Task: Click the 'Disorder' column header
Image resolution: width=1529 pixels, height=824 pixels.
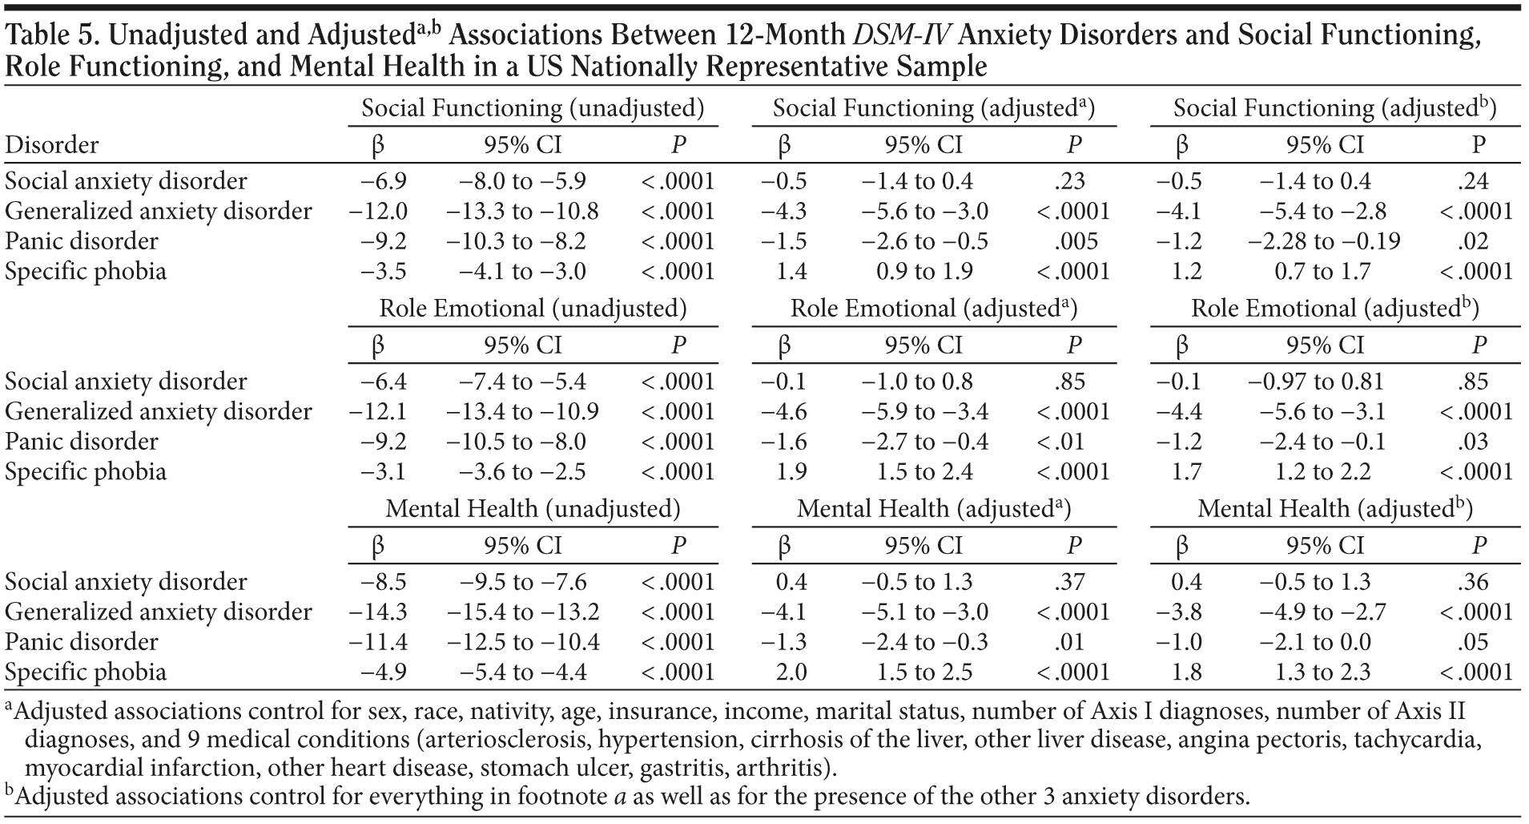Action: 52,145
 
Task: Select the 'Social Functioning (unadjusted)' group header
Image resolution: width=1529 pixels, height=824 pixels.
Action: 533,108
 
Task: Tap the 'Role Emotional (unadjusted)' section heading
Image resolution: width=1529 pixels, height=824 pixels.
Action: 533,309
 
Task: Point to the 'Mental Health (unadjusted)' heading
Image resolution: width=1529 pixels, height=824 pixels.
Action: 533,509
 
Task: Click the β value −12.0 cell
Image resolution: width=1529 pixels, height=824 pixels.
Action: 378,212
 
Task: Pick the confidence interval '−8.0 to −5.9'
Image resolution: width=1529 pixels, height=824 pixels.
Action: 522,181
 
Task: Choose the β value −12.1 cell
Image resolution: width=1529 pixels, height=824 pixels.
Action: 378,412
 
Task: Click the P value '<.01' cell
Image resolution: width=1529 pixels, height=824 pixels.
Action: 1061,442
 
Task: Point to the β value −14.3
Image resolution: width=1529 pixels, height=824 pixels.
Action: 378,612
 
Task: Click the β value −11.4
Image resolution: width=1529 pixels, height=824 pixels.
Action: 378,642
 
